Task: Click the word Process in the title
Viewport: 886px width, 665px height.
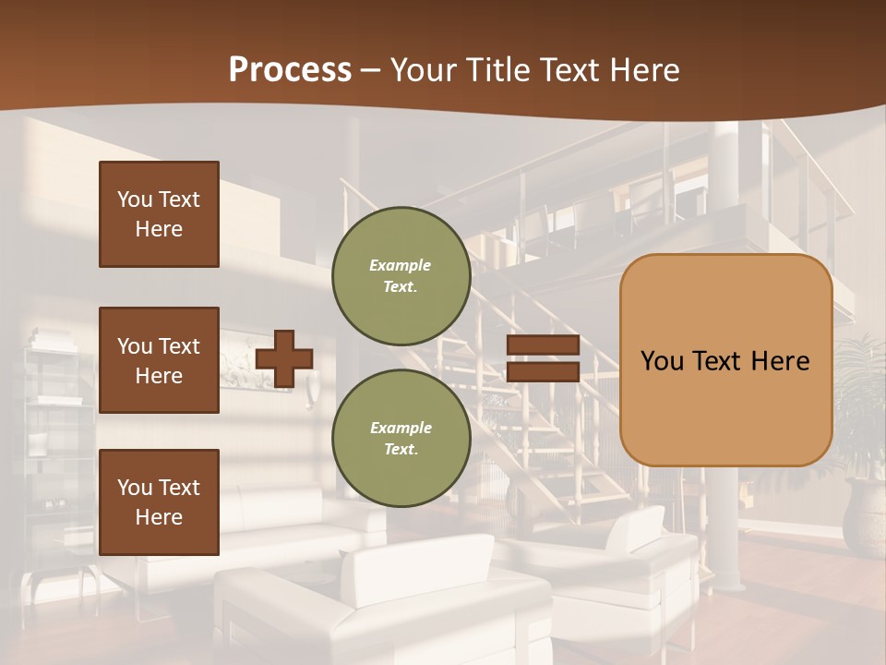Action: click(x=290, y=70)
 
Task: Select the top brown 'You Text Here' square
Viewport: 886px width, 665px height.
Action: click(x=159, y=214)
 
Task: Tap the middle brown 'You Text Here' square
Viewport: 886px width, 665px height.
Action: click(x=159, y=360)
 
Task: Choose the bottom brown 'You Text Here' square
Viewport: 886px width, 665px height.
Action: click(x=159, y=502)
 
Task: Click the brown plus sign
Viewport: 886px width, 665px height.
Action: click(x=284, y=358)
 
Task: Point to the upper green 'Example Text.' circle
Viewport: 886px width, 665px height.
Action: click(x=401, y=275)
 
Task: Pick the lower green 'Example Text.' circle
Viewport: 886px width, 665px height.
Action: click(x=401, y=439)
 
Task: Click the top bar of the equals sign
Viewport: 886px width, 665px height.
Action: click(x=543, y=345)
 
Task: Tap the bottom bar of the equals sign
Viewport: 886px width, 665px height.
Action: click(x=543, y=371)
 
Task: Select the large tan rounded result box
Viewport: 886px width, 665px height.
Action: click(x=725, y=360)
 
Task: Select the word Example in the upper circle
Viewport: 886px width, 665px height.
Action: click(x=401, y=265)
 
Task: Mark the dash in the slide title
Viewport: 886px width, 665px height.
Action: click(x=371, y=71)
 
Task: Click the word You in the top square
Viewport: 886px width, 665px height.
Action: click(x=134, y=199)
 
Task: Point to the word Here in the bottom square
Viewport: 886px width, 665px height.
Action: click(x=159, y=517)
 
